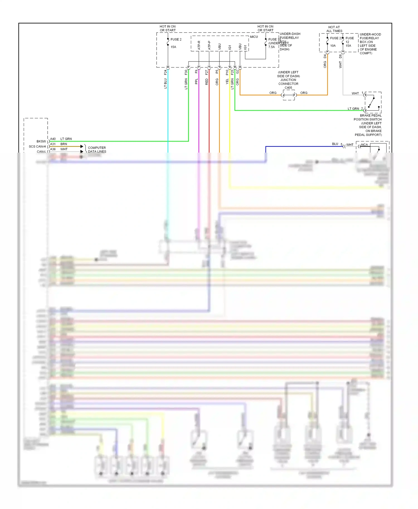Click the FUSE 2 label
pyautogui.click(x=176, y=40)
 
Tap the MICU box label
pyautogui.click(x=254, y=37)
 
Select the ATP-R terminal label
pyautogui.click(x=199, y=45)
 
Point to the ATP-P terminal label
pyautogui.click(x=209, y=45)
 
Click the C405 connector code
pyautogui.click(x=288, y=88)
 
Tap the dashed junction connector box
pyautogui.click(x=289, y=95)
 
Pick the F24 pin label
pyautogui.click(x=166, y=72)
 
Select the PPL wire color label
pyautogui.click(x=196, y=81)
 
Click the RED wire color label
pyautogui.click(x=207, y=82)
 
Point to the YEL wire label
pyautogui.click(x=227, y=81)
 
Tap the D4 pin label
pyautogui.click(x=325, y=56)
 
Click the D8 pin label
pyautogui.click(x=340, y=56)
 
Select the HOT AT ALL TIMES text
pyautogui.click(x=334, y=29)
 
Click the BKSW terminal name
pyautogui.click(x=41, y=141)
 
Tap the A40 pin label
pyautogui.click(x=53, y=139)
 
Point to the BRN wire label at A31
pyautogui.click(x=64, y=144)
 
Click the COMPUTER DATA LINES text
pyautogui.click(x=97, y=150)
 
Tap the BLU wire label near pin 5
pyautogui.click(x=335, y=144)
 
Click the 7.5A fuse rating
pyautogui.click(x=271, y=47)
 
